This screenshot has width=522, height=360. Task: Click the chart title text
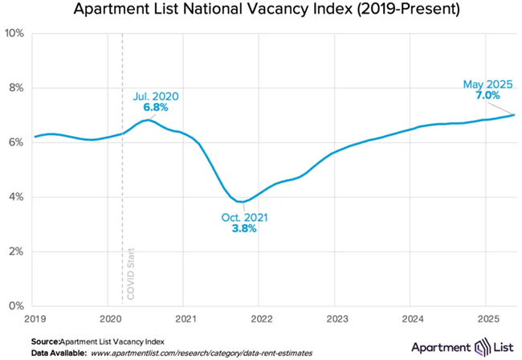click(261, 10)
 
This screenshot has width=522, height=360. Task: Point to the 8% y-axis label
click(16, 88)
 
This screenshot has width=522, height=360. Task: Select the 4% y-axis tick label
click(16, 197)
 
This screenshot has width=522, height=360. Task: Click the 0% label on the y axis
click(16, 306)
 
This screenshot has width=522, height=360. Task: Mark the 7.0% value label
click(487, 95)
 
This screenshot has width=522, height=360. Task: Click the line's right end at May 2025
click(514, 114)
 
